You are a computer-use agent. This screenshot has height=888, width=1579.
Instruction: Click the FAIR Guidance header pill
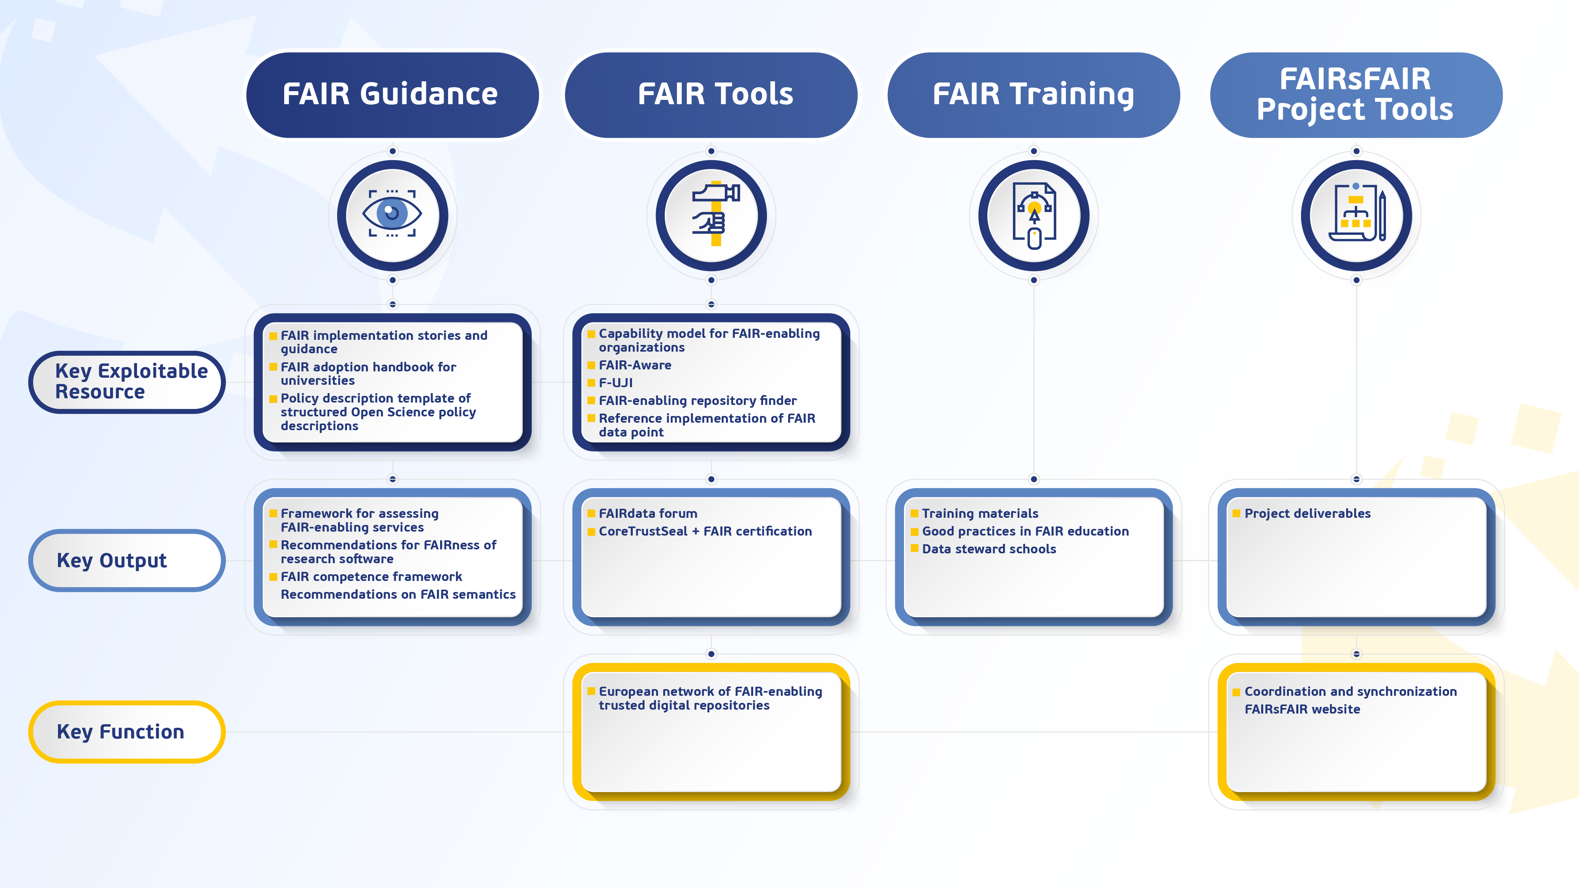point(392,95)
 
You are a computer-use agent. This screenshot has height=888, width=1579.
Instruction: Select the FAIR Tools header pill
point(711,95)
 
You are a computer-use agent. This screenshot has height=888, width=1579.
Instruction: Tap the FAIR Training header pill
point(1033,95)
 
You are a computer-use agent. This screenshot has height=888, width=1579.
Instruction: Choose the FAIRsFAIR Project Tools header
point(1356,95)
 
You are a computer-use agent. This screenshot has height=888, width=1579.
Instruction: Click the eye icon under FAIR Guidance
point(392,214)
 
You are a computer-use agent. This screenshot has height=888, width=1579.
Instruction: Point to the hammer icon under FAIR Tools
point(711,214)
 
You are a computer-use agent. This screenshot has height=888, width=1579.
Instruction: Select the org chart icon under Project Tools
point(1356,214)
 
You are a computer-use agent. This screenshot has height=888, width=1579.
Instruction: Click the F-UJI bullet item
point(615,383)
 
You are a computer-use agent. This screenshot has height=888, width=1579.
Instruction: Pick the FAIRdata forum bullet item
point(647,513)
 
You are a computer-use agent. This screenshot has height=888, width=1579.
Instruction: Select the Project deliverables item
point(1307,513)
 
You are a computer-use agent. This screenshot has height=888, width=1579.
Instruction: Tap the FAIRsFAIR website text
point(1302,709)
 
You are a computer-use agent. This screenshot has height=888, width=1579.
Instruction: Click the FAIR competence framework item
point(371,577)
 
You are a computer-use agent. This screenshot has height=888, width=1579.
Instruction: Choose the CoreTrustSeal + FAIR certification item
point(705,531)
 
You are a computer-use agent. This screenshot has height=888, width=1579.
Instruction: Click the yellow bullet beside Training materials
point(914,513)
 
